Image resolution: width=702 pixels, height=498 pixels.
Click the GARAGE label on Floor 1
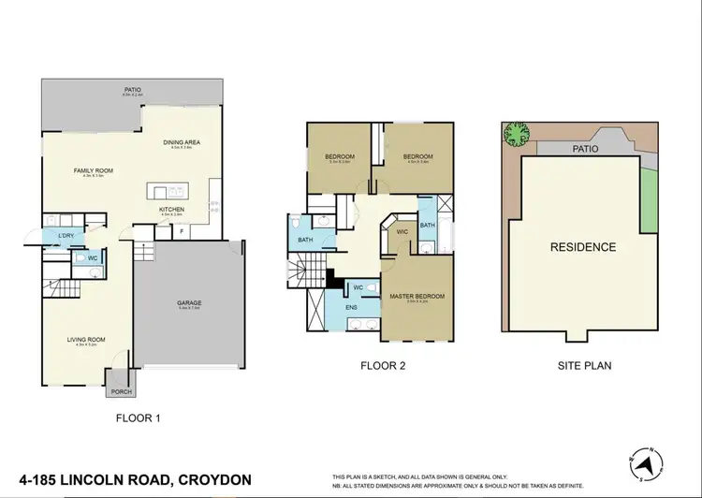(x=191, y=303)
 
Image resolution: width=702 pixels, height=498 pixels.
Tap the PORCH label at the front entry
(x=121, y=391)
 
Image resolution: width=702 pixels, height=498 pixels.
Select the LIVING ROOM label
(x=85, y=340)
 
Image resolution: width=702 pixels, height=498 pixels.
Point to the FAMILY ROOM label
(x=94, y=170)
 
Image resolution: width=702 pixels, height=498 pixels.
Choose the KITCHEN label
(x=171, y=209)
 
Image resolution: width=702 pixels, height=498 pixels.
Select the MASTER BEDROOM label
(x=417, y=297)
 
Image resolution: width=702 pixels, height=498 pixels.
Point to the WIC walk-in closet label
(x=402, y=231)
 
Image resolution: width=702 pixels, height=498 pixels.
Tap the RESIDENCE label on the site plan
(x=583, y=247)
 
